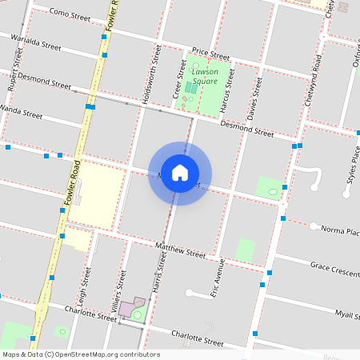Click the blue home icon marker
click(x=180, y=173)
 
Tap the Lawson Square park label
click(x=205, y=76)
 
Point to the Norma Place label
click(x=339, y=231)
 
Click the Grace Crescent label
click(x=334, y=268)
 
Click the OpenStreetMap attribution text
click(x=80, y=354)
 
